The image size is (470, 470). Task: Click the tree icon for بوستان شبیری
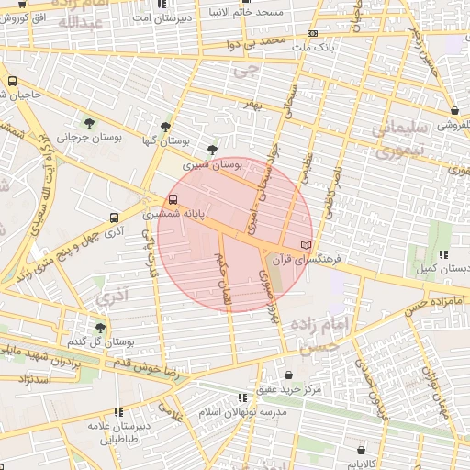(213, 149)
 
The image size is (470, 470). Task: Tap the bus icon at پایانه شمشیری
(173, 199)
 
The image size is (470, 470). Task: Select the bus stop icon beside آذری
(114, 218)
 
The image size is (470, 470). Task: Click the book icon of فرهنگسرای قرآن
(306, 245)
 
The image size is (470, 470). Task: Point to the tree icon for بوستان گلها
(165, 127)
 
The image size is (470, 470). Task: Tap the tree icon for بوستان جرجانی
(88, 123)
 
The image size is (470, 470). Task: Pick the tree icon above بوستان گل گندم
(100, 327)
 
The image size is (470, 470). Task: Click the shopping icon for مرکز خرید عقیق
(290, 375)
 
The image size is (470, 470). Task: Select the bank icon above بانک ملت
(313, 33)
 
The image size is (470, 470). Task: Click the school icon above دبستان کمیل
(444, 254)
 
